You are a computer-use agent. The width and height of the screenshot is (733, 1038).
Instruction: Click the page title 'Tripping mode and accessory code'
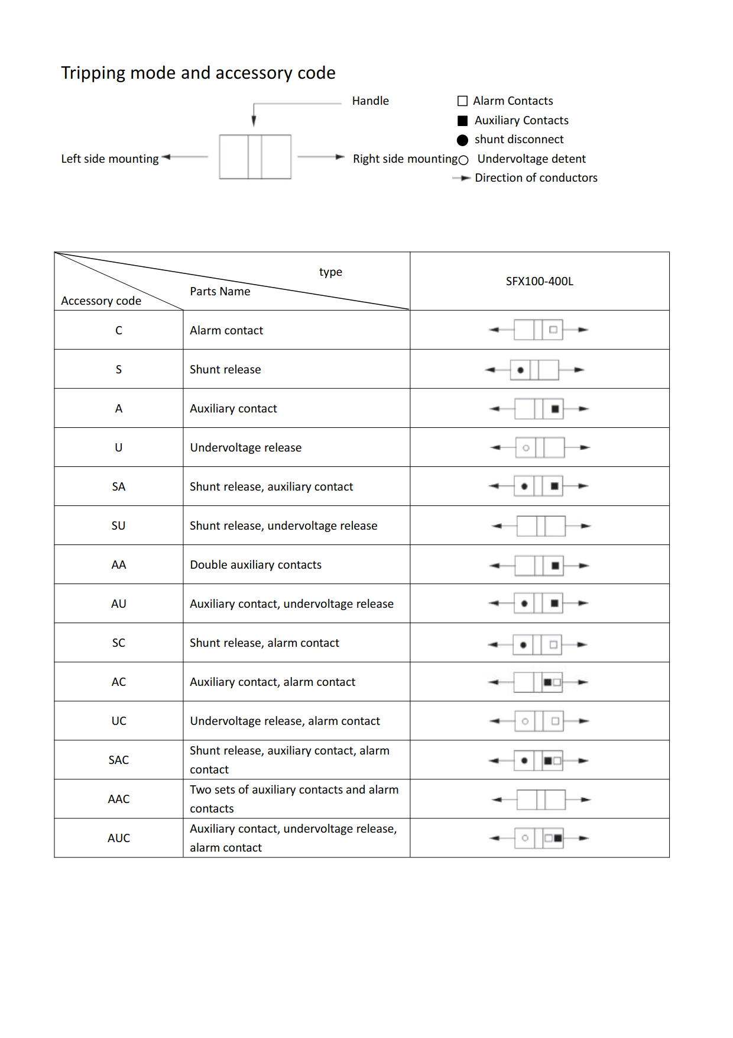[198, 73]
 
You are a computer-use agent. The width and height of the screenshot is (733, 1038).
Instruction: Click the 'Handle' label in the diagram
[370, 101]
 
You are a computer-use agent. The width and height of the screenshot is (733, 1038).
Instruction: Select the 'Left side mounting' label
[110, 159]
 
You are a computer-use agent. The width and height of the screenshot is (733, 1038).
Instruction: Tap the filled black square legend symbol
[463, 121]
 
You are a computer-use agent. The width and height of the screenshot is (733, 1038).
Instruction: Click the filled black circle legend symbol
[463, 140]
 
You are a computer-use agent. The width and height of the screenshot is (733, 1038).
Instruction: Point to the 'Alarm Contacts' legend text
[513, 101]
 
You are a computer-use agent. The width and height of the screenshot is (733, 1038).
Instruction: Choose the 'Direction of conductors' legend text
[536, 178]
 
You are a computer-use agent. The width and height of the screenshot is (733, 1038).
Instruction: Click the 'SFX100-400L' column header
[539, 281]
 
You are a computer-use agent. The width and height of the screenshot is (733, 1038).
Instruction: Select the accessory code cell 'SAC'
[118, 760]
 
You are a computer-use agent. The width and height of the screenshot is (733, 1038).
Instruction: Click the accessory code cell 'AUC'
[118, 838]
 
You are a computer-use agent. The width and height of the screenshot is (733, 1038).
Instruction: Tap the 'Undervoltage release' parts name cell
[245, 447]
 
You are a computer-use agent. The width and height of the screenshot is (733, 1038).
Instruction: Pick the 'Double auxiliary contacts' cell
[255, 565]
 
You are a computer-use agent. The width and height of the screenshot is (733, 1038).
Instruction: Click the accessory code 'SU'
[118, 526]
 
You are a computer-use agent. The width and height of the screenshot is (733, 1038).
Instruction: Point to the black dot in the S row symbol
[520, 370]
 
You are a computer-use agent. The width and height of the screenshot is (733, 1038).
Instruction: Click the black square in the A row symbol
[555, 409]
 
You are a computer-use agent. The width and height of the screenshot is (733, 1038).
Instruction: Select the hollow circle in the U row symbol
[526, 448]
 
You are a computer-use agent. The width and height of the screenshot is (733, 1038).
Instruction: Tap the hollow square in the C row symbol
[553, 330]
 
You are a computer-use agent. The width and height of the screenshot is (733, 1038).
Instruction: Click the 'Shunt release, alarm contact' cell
[264, 643]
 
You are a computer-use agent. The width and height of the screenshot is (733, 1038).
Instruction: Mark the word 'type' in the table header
[330, 272]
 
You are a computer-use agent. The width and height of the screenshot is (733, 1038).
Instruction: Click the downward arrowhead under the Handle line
[254, 121]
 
